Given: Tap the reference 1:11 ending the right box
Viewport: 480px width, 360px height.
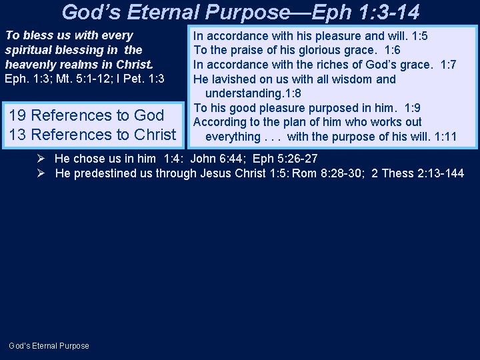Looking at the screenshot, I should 445,137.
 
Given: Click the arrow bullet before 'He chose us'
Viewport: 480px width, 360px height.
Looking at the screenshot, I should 41,159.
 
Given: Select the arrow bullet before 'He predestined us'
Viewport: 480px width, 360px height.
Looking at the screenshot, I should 41,173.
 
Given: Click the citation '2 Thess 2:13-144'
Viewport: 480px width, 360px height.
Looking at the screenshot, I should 418,173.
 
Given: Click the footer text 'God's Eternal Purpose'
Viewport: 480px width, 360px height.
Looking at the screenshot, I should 49,345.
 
